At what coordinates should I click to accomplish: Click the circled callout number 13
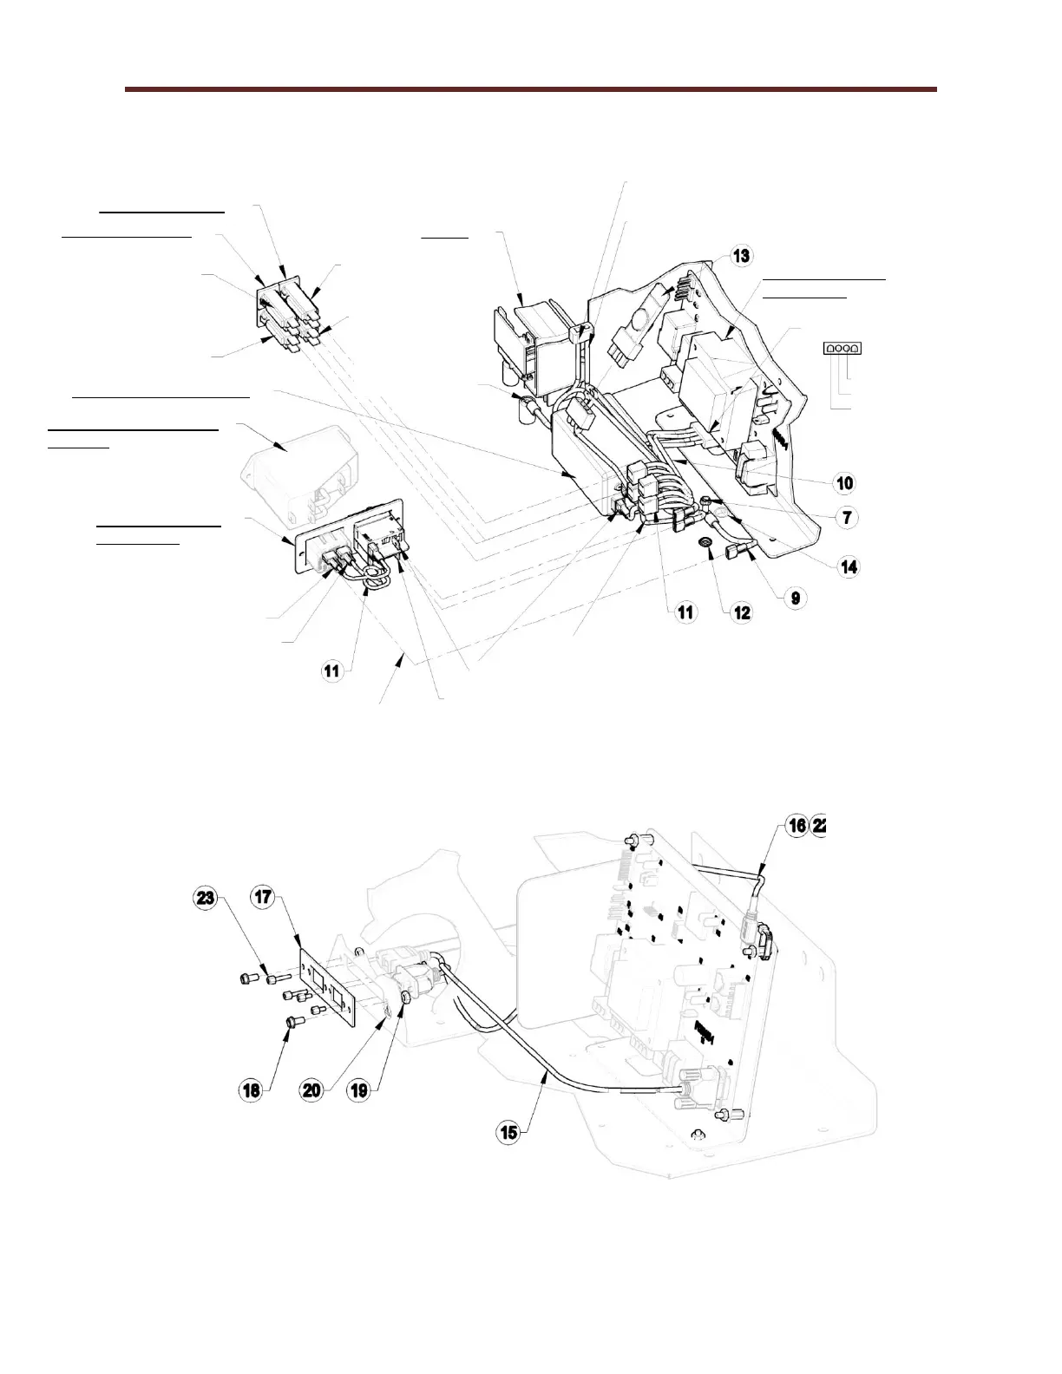[740, 256]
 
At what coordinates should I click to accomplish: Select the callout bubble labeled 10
[844, 483]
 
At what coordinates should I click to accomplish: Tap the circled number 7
[844, 517]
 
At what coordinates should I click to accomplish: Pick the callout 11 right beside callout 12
[685, 612]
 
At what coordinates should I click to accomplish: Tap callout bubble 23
[205, 899]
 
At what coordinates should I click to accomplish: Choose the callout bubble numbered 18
[252, 1090]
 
